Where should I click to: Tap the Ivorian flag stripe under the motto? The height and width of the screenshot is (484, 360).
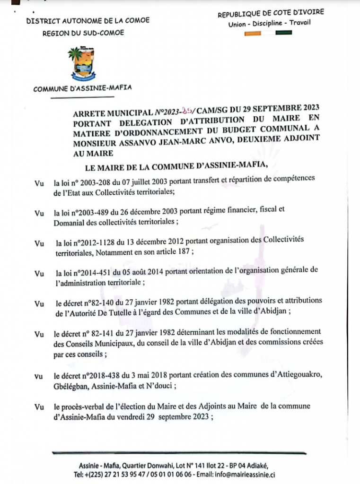pos(268,33)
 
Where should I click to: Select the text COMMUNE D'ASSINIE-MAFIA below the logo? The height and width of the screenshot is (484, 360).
pos(82,88)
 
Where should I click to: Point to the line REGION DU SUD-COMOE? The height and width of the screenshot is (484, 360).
pos(83,33)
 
